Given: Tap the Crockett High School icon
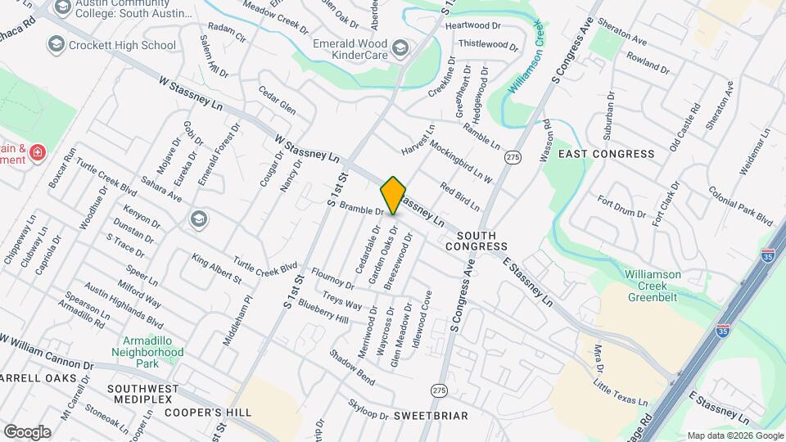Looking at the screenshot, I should pyautogui.click(x=56, y=44).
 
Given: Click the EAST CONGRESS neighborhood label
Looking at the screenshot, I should pyautogui.click(x=607, y=154).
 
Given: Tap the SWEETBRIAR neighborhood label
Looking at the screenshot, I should pyautogui.click(x=431, y=416).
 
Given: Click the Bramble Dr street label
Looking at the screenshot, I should pyautogui.click(x=362, y=211).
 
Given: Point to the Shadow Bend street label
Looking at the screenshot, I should pyautogui.click(x=352, y=367).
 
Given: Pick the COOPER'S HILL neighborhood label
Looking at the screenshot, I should pyautogui.click(x=208, y=413).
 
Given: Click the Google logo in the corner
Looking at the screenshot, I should pyautogui.click(x=27, y=431).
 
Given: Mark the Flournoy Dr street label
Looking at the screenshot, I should pyautogui.click(x=332, y=278).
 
